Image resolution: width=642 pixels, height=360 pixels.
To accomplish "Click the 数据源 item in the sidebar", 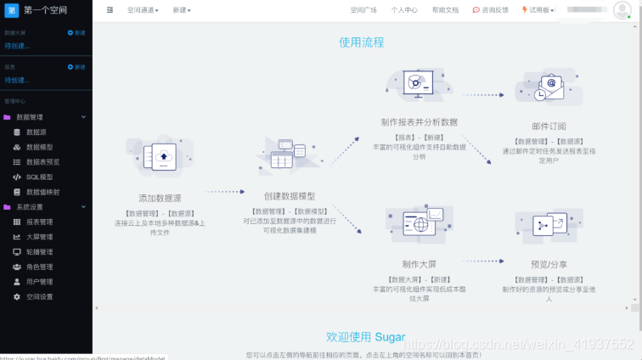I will tap(36, 132).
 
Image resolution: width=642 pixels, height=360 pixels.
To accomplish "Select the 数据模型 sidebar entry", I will tap(39, 147).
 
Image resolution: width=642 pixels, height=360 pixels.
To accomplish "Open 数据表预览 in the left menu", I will tap(42, 162).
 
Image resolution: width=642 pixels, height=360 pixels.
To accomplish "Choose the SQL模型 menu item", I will tap(39, 177).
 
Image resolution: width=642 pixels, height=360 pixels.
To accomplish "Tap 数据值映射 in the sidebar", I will tap(42, 192).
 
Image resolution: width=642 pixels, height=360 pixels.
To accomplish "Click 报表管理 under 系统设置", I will tap(39, 222).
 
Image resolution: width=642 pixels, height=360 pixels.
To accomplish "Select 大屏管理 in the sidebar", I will tap(39, 237).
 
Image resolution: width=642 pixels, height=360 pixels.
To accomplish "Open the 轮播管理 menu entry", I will tap(39, 251).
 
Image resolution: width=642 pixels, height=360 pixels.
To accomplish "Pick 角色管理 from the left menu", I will tap(39, 267).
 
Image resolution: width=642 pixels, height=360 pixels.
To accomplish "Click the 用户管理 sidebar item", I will tap(39, 282).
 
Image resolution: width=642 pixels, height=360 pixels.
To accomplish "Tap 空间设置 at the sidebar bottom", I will tap(39, 296).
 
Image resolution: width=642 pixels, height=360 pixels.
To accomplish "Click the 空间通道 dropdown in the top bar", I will tap(143, 10).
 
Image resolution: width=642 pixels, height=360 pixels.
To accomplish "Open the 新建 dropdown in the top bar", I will tap(182, 10).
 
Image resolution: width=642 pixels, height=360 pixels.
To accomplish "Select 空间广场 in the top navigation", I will tap(363, 10).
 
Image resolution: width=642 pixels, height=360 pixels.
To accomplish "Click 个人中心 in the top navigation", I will tap(404, 10).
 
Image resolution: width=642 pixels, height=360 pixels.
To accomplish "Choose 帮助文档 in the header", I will tap(445, 10).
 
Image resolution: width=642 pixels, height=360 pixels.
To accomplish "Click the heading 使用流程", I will tap(361, 42).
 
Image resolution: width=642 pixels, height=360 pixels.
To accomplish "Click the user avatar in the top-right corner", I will tap(622, 10).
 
